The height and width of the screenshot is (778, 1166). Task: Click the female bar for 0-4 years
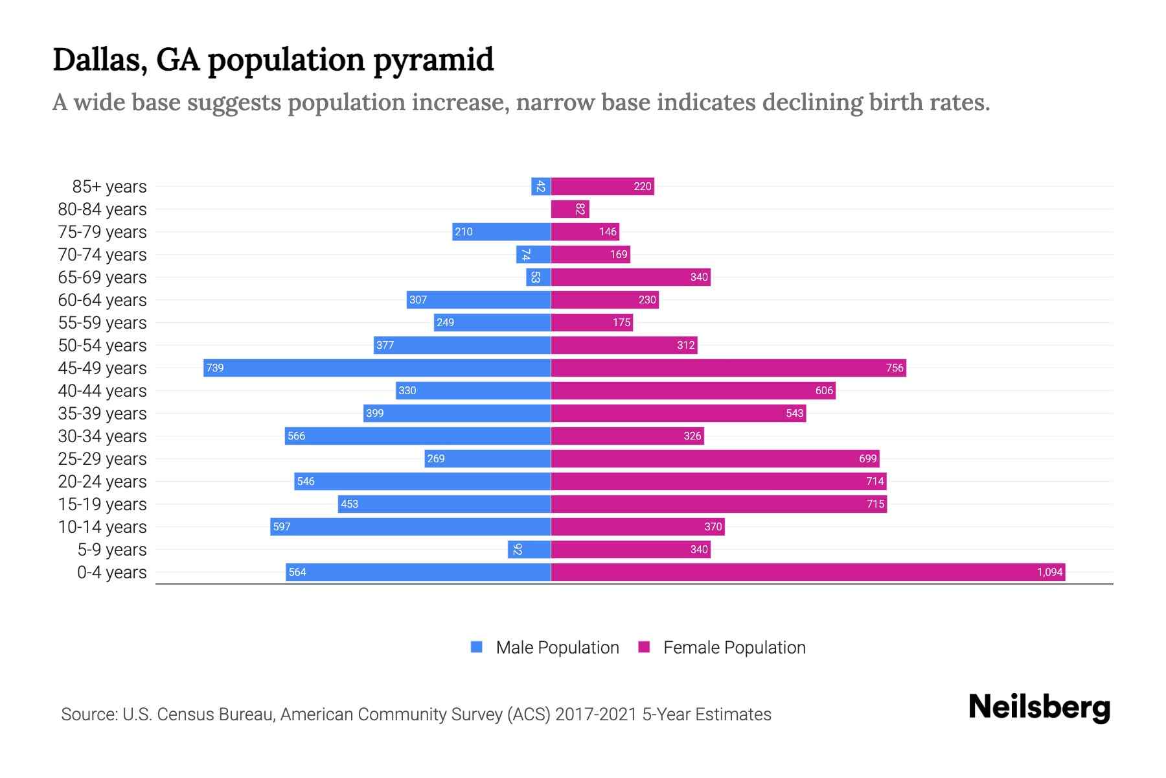(808, 572)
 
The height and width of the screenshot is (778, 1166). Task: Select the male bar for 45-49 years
(377, 368)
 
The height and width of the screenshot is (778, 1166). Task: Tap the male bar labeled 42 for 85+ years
(541, 186)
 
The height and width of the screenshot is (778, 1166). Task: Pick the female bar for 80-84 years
(570, 209)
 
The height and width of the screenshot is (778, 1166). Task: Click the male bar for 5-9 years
(529, 549)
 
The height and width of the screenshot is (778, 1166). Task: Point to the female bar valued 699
(715, 458)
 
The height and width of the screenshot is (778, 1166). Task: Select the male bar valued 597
(411, 526)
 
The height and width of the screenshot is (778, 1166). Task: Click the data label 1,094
(1049, 572)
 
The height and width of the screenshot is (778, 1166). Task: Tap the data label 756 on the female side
(895, 368)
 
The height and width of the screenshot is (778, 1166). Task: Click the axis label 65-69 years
(102, 277)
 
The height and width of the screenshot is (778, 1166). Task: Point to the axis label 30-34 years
(102, 436)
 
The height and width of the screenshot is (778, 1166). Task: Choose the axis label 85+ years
(109, 186)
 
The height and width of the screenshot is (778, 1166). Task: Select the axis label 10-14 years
(102, 526)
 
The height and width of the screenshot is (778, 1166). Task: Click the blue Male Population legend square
(477, 647)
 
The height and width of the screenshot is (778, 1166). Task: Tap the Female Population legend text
(734, 647)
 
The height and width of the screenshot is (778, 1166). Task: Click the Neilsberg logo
(1039, 707)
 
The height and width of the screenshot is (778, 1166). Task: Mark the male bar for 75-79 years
(501, 231)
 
